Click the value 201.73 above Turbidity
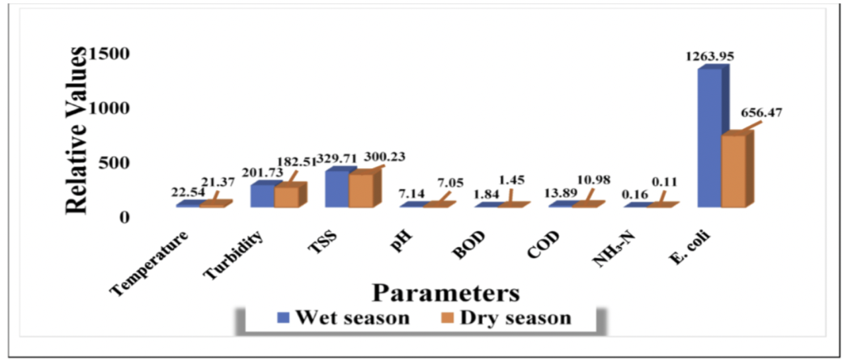point(260,172)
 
